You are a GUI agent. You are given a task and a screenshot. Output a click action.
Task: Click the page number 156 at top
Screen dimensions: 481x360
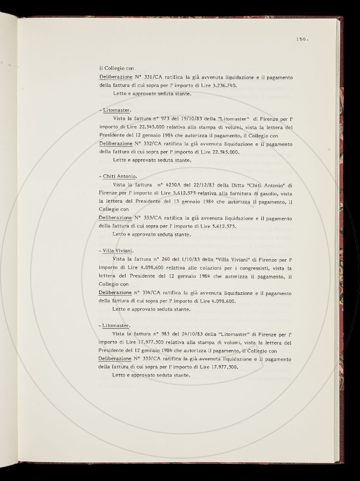pyautogui.click(x=302, y=39)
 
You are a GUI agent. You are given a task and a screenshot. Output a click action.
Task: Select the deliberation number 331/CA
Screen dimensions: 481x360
pyautogui.click(x=152, y=78)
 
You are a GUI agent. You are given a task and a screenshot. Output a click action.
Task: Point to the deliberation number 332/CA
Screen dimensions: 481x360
pyautogui.click(x=152, y=144)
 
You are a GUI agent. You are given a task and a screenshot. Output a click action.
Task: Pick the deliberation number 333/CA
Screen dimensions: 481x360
pyautogui.click(x=152, y=219)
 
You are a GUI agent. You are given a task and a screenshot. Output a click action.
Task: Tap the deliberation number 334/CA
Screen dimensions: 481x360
pyautogui.click(x=152, y=293)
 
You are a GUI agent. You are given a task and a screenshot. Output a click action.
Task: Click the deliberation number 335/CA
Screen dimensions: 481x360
pyautogui.click(x=152, y=359)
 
